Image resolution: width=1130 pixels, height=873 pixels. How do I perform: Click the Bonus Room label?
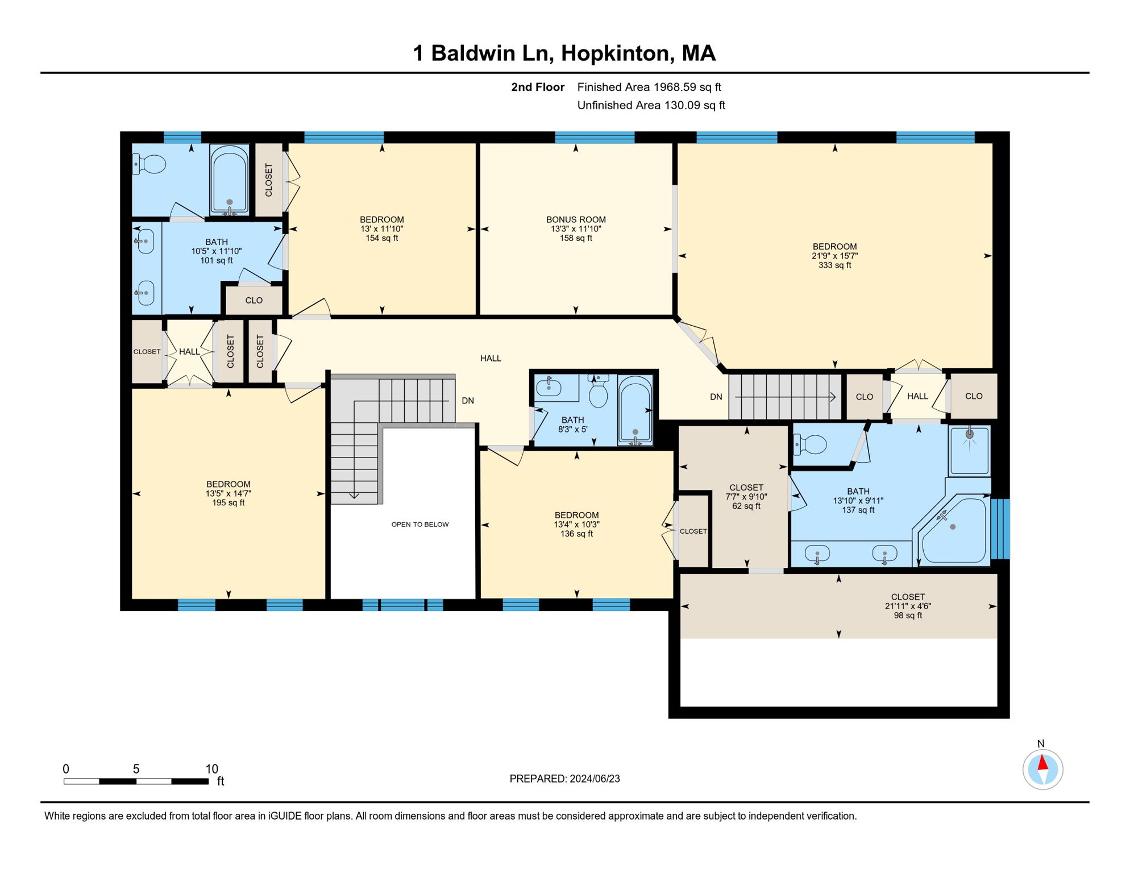tap(576, 219)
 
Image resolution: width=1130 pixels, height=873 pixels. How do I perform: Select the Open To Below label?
tap(420, 525)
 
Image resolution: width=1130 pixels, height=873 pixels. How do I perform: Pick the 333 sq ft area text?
tap(834, 265)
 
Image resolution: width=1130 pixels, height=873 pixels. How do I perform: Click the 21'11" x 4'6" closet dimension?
tap(908, 606)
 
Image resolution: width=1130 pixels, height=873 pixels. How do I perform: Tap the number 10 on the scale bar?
tap(211, 769)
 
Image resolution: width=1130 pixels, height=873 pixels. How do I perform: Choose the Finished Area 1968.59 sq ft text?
tap(649, 87)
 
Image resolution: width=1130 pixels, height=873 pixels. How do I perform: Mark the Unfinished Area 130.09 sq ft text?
tap(651, 105)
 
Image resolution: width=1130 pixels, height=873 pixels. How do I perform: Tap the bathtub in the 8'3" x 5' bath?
tap(635, 410)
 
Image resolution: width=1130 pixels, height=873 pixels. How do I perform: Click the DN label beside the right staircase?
tap(716, 397)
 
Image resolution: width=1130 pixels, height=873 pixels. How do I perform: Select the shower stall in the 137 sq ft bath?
tap(969, 450)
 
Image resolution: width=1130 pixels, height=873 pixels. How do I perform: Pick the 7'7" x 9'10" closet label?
tap(746, 497)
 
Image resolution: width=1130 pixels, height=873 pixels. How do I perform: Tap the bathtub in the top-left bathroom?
tap(229, 180)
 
